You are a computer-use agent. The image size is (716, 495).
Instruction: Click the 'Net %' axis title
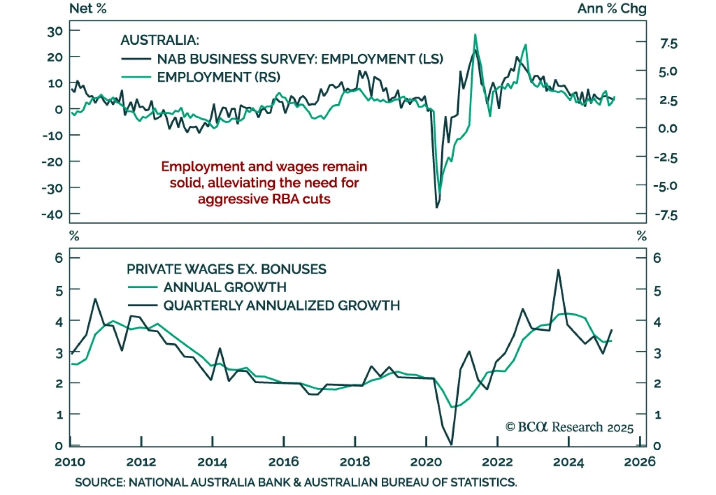88,9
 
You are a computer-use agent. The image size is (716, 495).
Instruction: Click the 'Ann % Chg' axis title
611,9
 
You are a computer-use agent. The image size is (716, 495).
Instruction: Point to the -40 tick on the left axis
52,215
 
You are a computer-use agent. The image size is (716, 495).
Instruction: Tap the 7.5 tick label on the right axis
669,44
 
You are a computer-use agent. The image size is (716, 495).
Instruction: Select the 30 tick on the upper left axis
55,32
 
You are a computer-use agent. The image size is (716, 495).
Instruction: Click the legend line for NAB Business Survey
136,59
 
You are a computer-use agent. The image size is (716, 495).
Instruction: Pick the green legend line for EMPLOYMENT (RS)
136,77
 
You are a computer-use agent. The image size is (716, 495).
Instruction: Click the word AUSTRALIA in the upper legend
159,40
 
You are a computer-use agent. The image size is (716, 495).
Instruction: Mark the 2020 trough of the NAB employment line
437,207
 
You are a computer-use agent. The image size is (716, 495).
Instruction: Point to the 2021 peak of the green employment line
475,34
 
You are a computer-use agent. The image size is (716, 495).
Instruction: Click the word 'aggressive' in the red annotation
230,199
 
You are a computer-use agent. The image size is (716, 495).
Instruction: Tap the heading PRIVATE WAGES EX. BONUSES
226,269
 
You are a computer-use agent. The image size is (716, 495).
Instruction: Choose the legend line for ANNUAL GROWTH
143,287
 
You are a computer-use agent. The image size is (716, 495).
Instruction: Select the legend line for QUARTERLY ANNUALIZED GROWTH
143,306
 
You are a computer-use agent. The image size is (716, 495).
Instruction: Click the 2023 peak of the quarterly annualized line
558,270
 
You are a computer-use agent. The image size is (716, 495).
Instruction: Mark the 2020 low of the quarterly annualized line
451,444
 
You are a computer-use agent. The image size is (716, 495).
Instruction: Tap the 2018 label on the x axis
355,462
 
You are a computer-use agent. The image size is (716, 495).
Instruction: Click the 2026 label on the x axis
639,462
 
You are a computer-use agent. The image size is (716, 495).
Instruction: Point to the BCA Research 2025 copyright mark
569,427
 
